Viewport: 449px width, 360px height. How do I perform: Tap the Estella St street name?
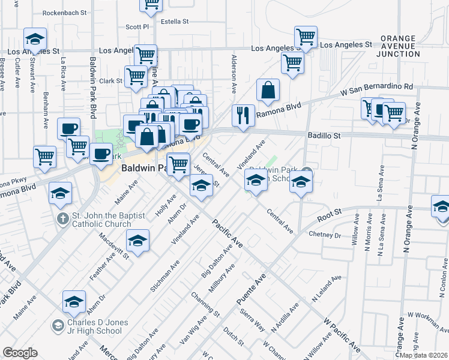coord(175,22)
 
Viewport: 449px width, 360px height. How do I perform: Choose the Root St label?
coord(330,212)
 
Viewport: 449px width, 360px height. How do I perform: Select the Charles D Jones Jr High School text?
coord(97,327)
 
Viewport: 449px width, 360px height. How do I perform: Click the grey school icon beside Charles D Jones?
coord(58,326)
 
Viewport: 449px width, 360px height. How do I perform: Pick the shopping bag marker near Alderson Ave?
coord(268,90)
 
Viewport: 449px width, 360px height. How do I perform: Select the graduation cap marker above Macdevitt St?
coord(138,241)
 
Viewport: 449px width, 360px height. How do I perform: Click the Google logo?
coord(20,353)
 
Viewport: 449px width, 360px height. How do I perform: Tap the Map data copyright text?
coord(424,355)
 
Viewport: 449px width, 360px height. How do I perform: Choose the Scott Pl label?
coord(137,27)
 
